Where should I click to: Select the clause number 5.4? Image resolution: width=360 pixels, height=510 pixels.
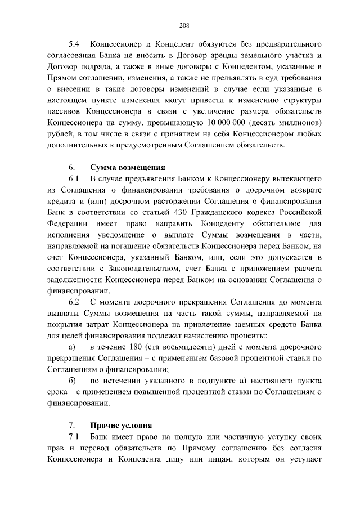coord(74,43)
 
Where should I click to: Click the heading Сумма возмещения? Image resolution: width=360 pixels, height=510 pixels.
coord(128,167)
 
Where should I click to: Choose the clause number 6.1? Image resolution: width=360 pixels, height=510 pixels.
coord(74,178)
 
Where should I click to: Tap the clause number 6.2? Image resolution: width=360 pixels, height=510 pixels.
coord(74,302)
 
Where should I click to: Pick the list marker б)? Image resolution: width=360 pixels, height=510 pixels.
coord(72,381)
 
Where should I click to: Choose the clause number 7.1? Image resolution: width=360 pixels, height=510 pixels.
coord(74,437)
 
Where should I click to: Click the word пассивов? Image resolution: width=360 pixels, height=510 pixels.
coord(67,111)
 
